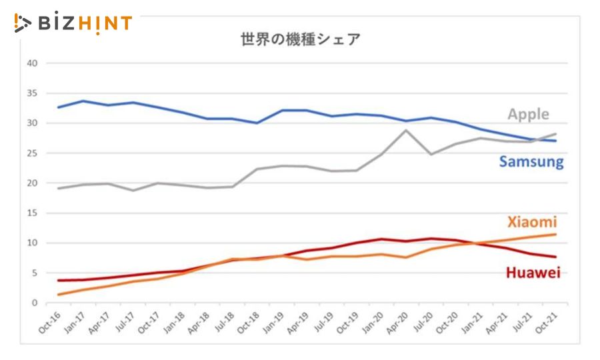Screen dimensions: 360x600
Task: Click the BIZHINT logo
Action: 73,23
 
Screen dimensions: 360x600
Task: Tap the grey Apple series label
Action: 528,114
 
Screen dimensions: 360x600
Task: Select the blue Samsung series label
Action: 531,161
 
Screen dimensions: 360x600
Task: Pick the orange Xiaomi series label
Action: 531,222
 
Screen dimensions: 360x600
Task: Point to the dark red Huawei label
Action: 532,272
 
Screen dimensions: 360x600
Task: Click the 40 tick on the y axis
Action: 32,63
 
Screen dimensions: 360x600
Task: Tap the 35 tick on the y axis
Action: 32,93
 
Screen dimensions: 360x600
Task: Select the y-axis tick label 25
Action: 32,153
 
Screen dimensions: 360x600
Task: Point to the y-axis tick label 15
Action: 32,213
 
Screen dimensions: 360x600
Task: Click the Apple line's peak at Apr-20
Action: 406,130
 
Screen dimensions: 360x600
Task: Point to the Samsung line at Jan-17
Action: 83,101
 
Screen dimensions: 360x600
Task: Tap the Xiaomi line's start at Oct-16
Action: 59,295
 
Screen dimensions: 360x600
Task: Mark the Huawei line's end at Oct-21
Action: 555,257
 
